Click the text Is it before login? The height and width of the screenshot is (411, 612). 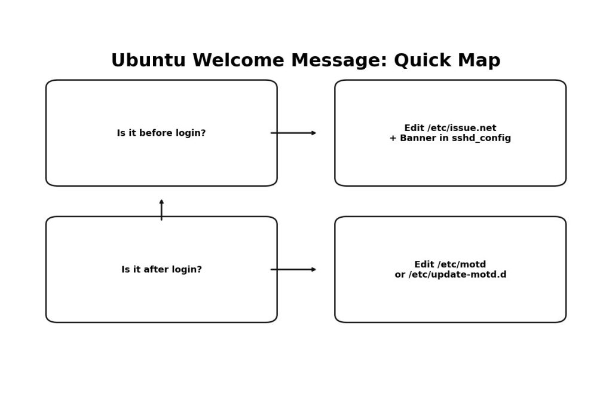(x=161, y=133)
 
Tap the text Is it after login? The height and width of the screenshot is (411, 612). (x=161, y=270)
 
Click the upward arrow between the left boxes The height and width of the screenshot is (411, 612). (x=161, y=209)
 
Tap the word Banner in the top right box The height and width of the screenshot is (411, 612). (x=417, y=138)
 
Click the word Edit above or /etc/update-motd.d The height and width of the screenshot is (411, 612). (x=425, y=264)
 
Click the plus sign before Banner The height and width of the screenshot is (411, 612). (x=393, y=138)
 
